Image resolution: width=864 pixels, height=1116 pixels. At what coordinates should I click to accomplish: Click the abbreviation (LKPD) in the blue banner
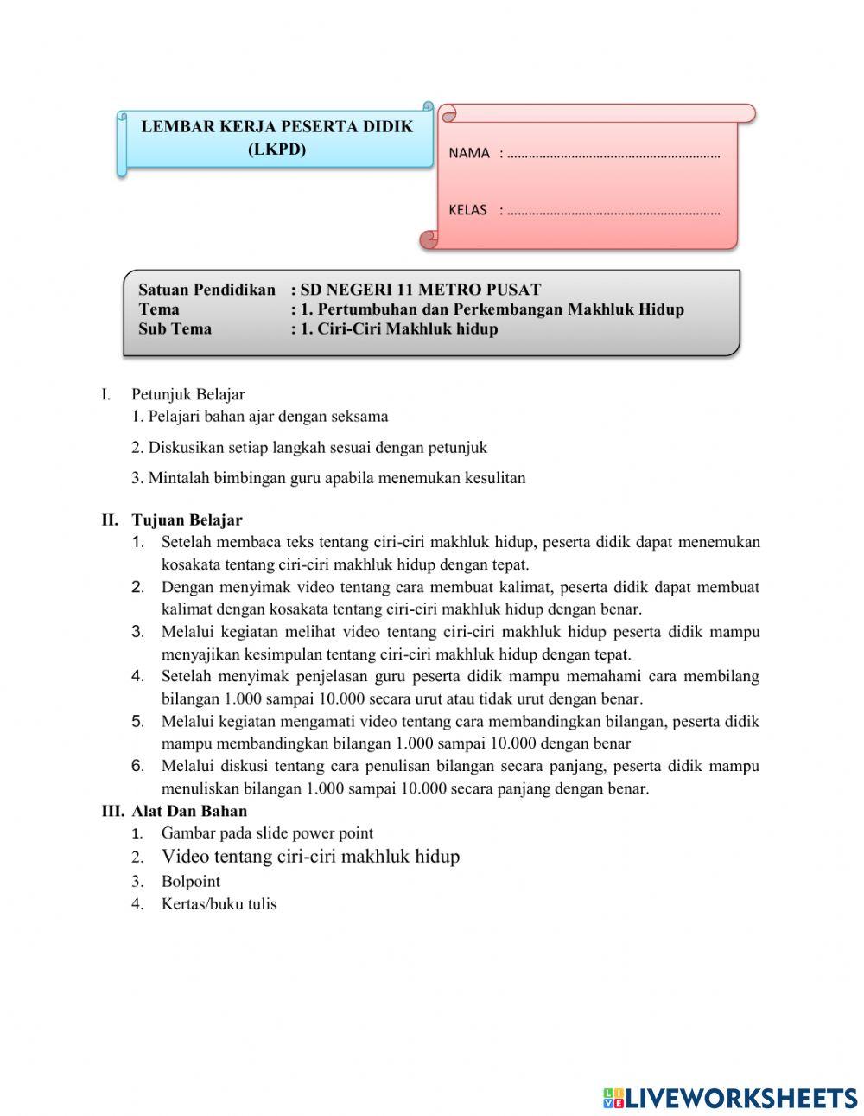pyautogui.click(x=276, y=149)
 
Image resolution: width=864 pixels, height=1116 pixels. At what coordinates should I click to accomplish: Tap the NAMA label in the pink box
pyautogui.click(x=469, y=153)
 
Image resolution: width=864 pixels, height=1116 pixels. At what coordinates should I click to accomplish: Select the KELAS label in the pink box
pyautogui.click(x=467, y=210)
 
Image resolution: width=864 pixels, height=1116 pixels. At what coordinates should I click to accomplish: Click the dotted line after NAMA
pyautogui.click(x=613, y=156)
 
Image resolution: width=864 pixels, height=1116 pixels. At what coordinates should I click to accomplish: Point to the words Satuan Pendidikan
pyautogui.click(x=206, y=290)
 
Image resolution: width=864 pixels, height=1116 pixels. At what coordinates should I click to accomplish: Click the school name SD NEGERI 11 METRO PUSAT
pyautogui.click(x=420, y=290)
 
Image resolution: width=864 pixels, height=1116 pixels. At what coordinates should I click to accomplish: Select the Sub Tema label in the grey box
pyautogui.click(x=175, y=328)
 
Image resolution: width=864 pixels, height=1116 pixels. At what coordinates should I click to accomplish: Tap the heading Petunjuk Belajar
pyautogui.click(x=187, y=394)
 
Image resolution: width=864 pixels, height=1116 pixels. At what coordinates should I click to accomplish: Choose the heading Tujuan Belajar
pyautogui.click(x=187, y=520)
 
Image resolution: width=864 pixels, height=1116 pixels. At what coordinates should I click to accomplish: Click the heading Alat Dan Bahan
pyautogui.click(x=189, y=811)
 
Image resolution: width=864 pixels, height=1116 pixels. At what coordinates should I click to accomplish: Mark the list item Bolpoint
pyautogui.click(x=190, y=882)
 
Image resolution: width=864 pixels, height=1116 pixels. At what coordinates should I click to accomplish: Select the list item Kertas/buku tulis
pyautogui.click(x=219, y=904)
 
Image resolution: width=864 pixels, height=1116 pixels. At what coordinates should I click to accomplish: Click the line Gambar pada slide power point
pyautogui.click(x=267, y=833)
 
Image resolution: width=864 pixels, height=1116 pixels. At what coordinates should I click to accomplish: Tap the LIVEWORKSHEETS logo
pyautogui.click(x=729, y=1098)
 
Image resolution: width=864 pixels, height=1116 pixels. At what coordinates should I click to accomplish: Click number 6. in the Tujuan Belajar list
pyautogui.click(x=137, y=766)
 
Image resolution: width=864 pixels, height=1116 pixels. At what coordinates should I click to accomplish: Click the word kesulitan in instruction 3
pyautogui.click(x=495, y=478)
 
